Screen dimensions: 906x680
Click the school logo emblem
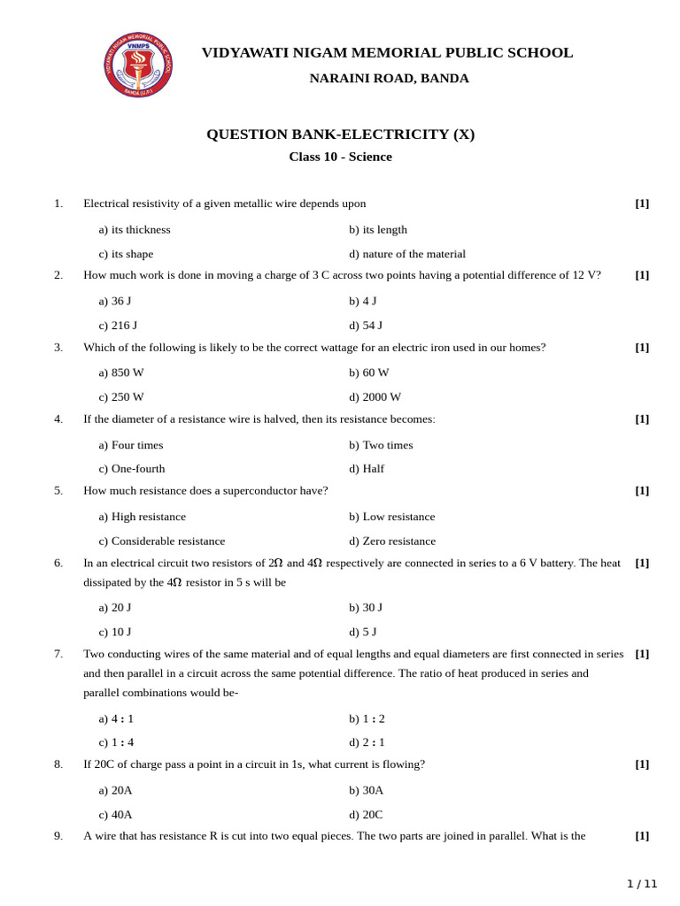[138, 65]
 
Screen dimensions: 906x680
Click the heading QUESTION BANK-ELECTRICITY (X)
[340, 134]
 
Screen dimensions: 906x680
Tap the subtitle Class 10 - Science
[340, 157]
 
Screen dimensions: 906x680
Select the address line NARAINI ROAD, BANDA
[389, 78]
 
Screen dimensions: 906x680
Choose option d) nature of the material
[406, 254]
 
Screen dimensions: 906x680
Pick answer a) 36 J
[115, 301]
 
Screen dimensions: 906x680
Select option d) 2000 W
[375, 397]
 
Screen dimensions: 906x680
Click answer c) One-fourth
[132, 469]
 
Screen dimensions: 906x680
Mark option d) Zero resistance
[392, 541]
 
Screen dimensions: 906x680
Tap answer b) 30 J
[366, 607]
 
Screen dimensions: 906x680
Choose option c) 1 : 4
[116, 742]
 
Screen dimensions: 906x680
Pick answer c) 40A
[115, 814]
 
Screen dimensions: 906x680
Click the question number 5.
[58, 490]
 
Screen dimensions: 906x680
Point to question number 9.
[58, 835]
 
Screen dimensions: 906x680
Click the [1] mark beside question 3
[642, 347]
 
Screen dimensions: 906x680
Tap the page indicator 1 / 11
[642, 883]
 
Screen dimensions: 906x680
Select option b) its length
[378, 229]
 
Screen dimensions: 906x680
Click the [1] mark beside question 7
[642, 654]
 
